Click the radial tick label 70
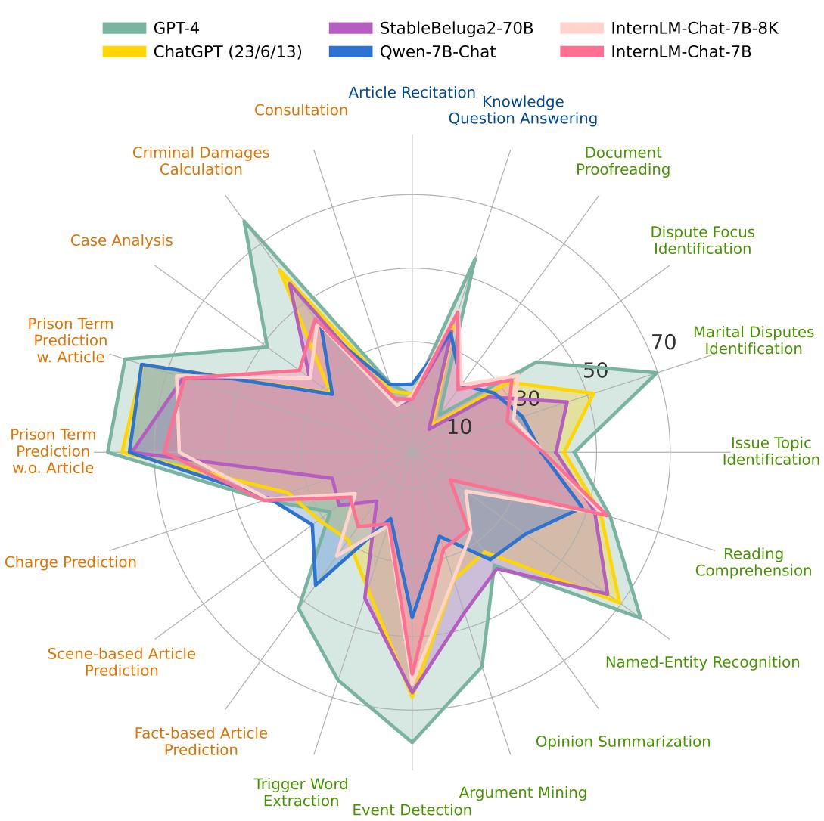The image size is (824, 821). tap(664, 342)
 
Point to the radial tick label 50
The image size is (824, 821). tap(595, 370)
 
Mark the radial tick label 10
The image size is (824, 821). tap(459, 427)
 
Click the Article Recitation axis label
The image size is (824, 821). tap(412, 93)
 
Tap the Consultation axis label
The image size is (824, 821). tap(301, 110)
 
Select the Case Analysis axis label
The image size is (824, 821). tap(122, 240)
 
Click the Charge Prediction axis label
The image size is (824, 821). tap(70, 562)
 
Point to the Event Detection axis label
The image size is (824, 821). tap(412, 810)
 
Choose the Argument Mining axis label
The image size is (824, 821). tap(523, 792)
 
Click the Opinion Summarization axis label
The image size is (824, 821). tap(623, 742)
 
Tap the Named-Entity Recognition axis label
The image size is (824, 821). tap(702, 662)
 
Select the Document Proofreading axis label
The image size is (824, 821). tap(623, 161)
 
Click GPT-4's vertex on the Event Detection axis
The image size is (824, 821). tap(412, 742)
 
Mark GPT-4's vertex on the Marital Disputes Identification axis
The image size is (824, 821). tap(657, 373)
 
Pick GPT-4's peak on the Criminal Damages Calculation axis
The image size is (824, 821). tap(244, 221)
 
